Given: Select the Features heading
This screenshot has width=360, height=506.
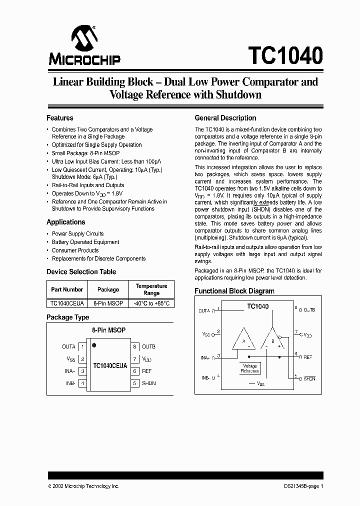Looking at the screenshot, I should [x=60, y=118].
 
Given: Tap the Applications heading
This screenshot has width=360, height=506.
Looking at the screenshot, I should [x=66, y=222].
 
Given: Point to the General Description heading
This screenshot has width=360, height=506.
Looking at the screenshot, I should [x=225, y=118].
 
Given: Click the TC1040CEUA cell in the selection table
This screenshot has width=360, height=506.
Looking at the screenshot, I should [x=66, y=303].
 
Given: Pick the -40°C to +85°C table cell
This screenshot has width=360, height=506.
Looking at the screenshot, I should [x=151, y=303].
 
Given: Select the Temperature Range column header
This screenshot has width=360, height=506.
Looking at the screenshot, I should [x=151, y=289].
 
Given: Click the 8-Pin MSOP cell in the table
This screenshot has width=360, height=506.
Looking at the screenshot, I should [x=108, y=303].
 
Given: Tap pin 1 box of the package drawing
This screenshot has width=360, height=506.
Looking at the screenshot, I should [x=82, y=346].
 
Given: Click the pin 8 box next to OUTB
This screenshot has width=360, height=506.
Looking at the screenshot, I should [x=134, y=346].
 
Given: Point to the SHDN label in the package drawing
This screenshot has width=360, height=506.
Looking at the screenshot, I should [x=149, y=383].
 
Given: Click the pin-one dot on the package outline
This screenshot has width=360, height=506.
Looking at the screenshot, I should [x=94, y=345].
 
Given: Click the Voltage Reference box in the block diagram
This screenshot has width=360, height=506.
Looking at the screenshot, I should [x=249, y=368].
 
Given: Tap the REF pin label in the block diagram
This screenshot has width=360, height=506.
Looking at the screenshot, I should [x=308, y=357].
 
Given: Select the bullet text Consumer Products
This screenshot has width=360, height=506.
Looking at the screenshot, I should [x=75, y=250].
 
